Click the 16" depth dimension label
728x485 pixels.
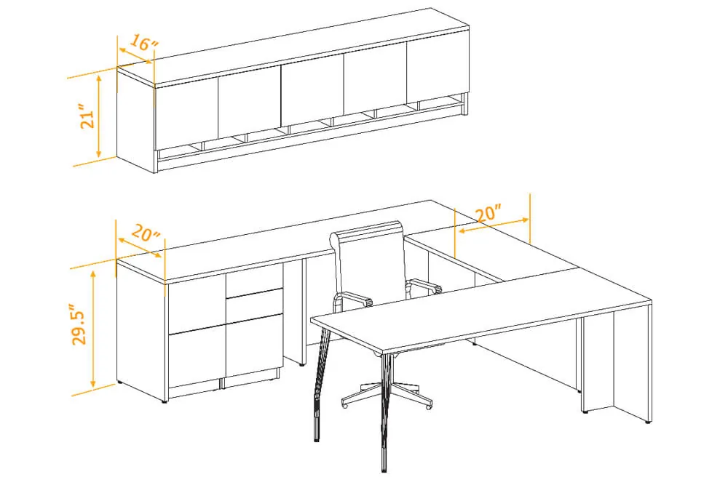pos(144,43)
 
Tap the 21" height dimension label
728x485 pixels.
pos(87,119)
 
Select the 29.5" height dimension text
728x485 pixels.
pos(80,325)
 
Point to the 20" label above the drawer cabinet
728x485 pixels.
pos(146,233)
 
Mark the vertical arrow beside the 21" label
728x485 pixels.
pos(99,117)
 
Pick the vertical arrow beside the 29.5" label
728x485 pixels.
pos(93,329)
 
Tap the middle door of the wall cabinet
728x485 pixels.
pos(313,92)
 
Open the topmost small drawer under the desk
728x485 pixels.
pos(254,282)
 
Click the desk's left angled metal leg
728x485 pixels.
pos(317,385)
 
